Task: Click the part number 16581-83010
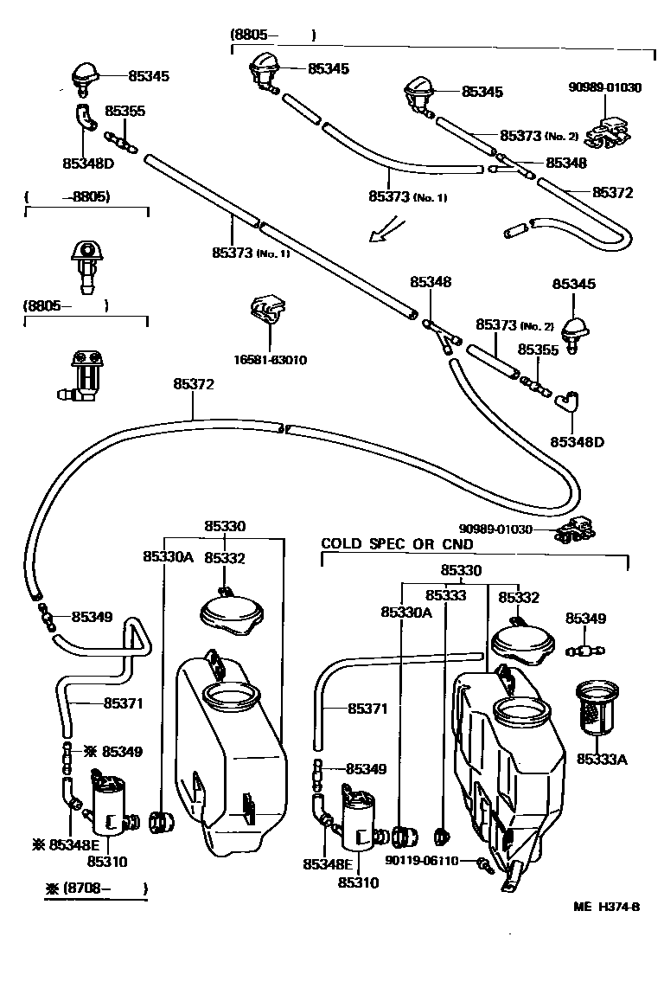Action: click(x=271, y=360)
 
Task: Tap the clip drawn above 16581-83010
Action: click(x=266, y=311)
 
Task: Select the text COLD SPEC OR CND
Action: click(x=397, y=544)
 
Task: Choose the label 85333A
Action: click(x=602, y=759)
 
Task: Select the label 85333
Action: click(x=445, y=596)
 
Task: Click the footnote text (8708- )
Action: click(x=96, y=888)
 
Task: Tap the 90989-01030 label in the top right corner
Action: click(x=605, y=87)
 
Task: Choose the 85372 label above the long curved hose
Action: click(x=194, y=383)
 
